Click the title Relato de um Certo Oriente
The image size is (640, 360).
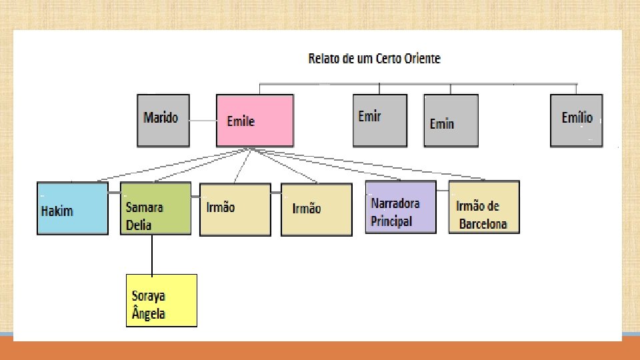click(x=374, y=59)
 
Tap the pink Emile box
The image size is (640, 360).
click(x=255, y=121)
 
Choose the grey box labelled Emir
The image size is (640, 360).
click(x=379, y=120)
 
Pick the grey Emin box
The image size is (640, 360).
click(x=451, y=121)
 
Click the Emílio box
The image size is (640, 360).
click(x=576, y=120)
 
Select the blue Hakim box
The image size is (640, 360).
click(x=72, y=208)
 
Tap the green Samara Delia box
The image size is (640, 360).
click(x=155, y=209)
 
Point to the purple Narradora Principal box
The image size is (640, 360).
click(x=401, y=206)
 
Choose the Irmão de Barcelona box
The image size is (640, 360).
click(x=483, y=207)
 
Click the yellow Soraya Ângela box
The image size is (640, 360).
click(x=162, y=300)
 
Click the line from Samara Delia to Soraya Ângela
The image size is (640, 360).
click(x=153, y=254)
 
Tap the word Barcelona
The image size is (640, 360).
click(x=483, y=224)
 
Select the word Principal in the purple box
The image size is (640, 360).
click(x=392, y=221)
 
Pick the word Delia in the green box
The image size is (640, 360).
click(x=139, y=225)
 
